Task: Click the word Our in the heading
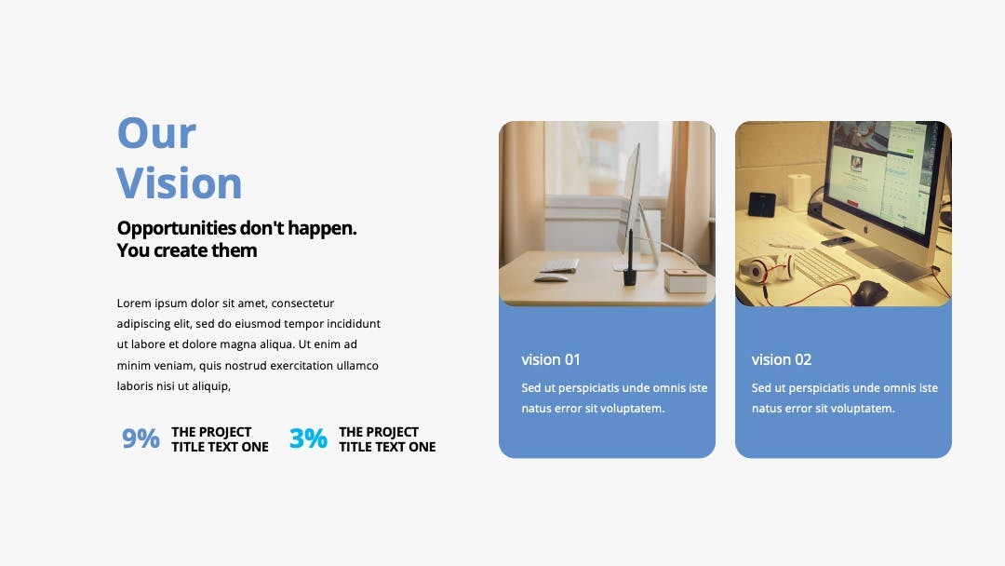[x=156, y=133]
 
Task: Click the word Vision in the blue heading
[x=180, y=183]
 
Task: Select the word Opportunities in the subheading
[x=177, y=228]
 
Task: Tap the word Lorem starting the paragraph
[x=134, y=303]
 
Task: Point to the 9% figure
[x=141, y=438]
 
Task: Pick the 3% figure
[x=308, y=438]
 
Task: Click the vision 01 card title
[x=551, y=359]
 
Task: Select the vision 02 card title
[x=782, y=359]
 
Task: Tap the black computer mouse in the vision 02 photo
[x=869, y=293]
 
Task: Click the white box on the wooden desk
[x=685, y=280]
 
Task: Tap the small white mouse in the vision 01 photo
[x=551, y=278]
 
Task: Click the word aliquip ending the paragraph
[x=209, y=386]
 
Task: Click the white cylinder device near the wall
[x=798, y=192]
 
